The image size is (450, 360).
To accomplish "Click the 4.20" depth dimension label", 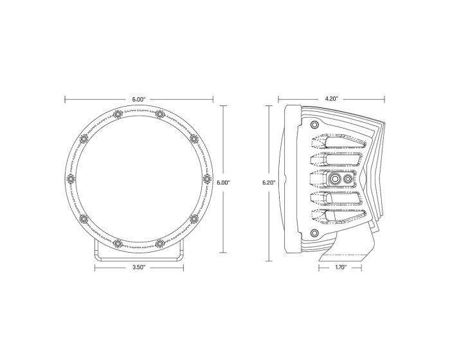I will tap(331, 98).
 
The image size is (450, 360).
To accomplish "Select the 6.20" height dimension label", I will tap(269, 183).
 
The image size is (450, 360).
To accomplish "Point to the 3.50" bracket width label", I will tap(139, 267).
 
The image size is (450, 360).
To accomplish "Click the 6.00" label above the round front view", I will tap(139, 98).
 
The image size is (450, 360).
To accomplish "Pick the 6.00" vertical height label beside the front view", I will tap(223, 183).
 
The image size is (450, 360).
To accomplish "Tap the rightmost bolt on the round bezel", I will tap(206, 178).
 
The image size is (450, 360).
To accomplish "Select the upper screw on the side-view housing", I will tap(314, 125).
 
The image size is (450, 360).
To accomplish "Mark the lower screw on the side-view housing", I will tap(314, 232).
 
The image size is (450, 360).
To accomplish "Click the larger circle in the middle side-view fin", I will tap(336, 179).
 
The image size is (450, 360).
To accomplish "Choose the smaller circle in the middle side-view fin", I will tap(348, 179).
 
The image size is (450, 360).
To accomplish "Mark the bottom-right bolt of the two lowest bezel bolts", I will tap(160, 243).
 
